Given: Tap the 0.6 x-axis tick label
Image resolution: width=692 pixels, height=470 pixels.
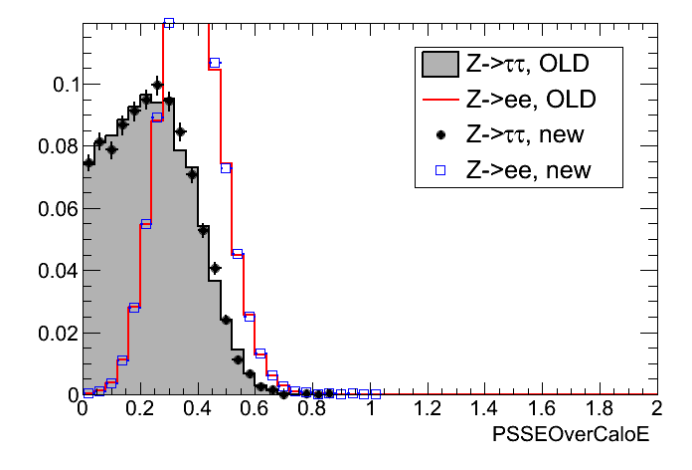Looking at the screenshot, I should point(255,409).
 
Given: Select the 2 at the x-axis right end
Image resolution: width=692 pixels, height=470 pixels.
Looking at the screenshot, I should point(656,409).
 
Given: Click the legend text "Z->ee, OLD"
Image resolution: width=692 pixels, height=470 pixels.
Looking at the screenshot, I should point(527,101).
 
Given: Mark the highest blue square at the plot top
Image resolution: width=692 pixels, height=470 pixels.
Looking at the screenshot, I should point(169,23).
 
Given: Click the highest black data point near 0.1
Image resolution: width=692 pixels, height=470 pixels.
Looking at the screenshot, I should point(157,85).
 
